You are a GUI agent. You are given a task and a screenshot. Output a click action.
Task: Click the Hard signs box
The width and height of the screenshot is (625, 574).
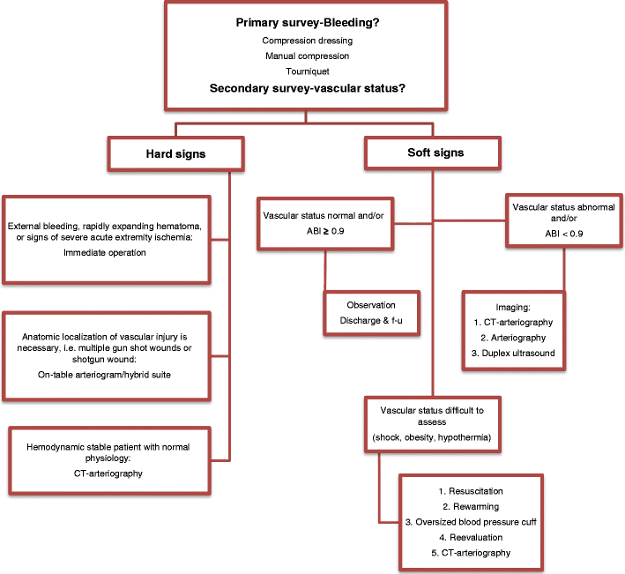pos(175,153)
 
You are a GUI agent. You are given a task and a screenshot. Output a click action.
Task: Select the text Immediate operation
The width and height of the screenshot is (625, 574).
pos(105,252)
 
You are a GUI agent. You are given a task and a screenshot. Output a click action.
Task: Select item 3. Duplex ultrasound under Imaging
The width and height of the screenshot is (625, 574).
pos(513,352)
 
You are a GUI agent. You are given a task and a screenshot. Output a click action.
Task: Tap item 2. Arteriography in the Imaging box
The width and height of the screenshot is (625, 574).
pos(513,337)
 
